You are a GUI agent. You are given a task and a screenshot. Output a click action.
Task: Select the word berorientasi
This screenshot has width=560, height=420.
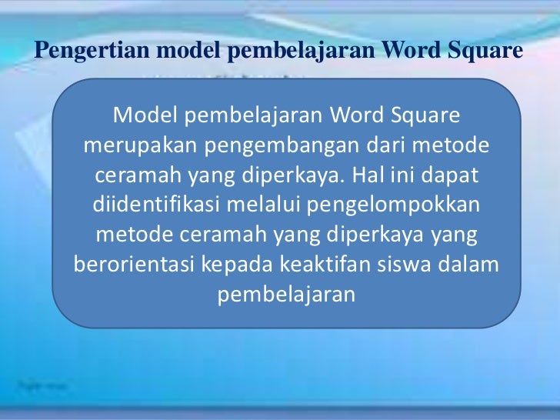tap(135, 265)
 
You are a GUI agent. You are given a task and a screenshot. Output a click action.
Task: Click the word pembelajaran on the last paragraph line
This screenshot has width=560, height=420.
tap(287, 295)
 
